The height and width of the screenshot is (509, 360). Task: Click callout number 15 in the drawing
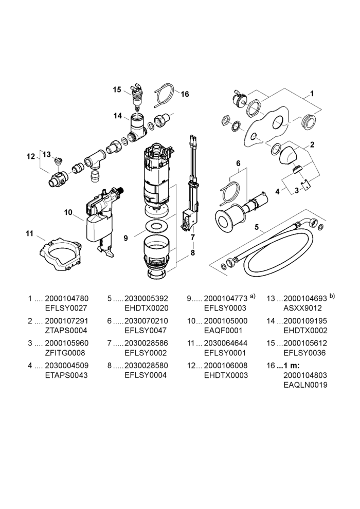click(117, 89)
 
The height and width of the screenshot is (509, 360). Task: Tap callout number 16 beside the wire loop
click(185, 94)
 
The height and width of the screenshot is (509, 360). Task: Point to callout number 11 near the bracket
click(29, 233)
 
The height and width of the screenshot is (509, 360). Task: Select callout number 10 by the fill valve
click(68, 212)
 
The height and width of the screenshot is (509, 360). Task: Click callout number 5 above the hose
click(257, 227)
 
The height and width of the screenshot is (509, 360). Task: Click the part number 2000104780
click(66, 298)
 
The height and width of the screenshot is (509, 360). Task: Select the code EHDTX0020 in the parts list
click(147, 308)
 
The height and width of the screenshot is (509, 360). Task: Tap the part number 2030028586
click(147, 343)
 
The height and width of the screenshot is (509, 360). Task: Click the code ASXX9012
click(302, 308)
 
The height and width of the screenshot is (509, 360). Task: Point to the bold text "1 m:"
click(292, 366)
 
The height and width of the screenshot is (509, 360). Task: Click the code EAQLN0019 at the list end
click(305, 385)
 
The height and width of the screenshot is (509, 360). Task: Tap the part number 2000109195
click(305, 321)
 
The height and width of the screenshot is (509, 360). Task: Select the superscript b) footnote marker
click(332, 296)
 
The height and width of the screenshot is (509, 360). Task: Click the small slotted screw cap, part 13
click(59, 160)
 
